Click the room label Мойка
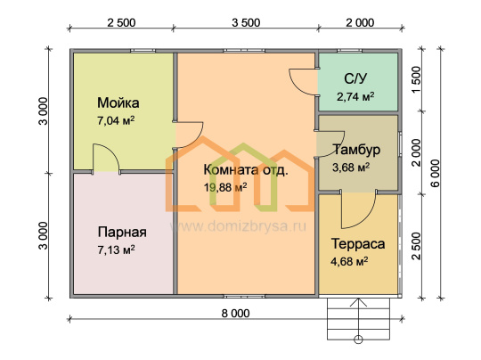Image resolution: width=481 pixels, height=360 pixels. tap(118, 102)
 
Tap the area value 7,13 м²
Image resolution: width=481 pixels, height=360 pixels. tap(116, 250)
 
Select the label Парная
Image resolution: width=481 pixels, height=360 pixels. tap(122, 233)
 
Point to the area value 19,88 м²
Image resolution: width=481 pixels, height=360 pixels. tap(225, 187)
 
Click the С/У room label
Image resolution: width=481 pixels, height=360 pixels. tap(355, 79)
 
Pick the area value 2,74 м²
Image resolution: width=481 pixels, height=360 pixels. tap(355, 96)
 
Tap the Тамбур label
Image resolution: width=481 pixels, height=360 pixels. tap(356, 150)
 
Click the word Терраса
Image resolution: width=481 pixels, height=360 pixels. tap(358, 244)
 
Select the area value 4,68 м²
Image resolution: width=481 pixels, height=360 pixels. tap(349, 262)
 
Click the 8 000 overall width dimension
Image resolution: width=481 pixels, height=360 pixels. tap(235, 314)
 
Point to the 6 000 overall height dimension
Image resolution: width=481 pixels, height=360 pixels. tap(435, 173)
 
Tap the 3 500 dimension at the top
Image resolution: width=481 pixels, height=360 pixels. tap(246, 22)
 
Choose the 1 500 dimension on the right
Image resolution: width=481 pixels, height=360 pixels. tap(416, 80)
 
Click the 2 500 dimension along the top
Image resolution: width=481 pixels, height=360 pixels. tap(121, 22)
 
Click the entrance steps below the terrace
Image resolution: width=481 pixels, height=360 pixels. tap(358, 319)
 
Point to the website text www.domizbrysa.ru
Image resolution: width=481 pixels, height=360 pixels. tap(238, 226)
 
